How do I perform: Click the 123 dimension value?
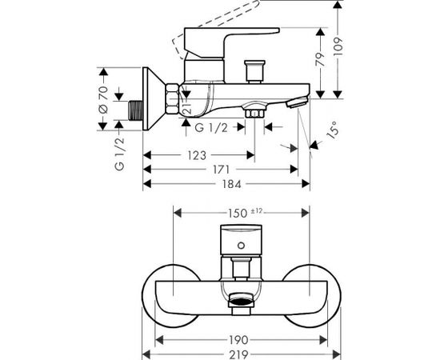[x=197, y=155]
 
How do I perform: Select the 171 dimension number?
[x=222, y=170]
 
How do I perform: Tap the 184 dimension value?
[x=232, y=184]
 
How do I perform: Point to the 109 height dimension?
[x=338, y=46]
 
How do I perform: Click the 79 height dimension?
[x=320, y=59]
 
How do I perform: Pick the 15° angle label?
[x=333, y=130]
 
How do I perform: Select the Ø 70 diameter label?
[x=103, y=100]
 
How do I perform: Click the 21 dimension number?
[x=187, y=108]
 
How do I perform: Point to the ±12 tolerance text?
[x=256, y=211]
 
